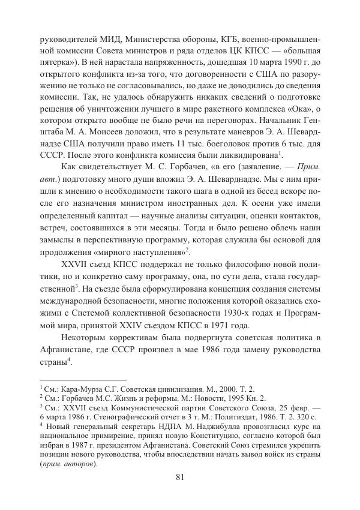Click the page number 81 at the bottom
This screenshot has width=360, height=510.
point(179,477)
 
